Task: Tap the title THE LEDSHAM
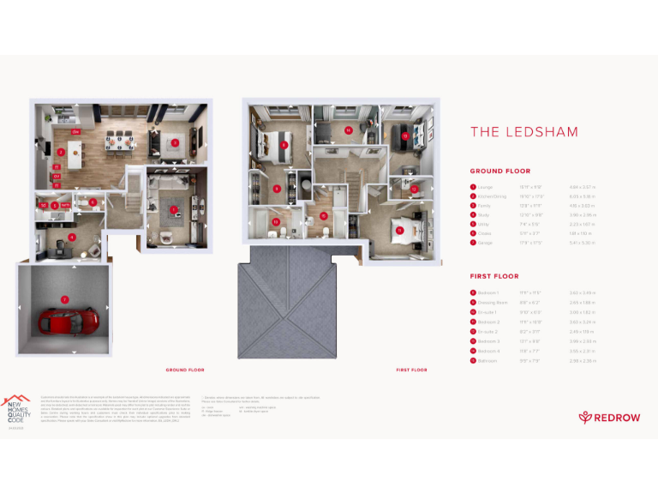coord(523,132)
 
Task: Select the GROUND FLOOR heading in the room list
coord(499,172)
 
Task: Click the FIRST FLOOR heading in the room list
coord(494,277)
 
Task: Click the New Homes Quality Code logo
coord(16,409)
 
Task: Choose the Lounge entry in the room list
coord(483,186)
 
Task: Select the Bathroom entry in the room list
coord(486,360)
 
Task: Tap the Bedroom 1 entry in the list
coord(487,292)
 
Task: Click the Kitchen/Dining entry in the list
coord(490,196)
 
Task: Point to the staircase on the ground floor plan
coord(135,184)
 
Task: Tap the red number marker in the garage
coord(64,299)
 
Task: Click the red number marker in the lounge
coord(174,209)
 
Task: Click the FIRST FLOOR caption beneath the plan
coord(411,370)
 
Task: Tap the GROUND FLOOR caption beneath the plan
coord(184,370)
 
